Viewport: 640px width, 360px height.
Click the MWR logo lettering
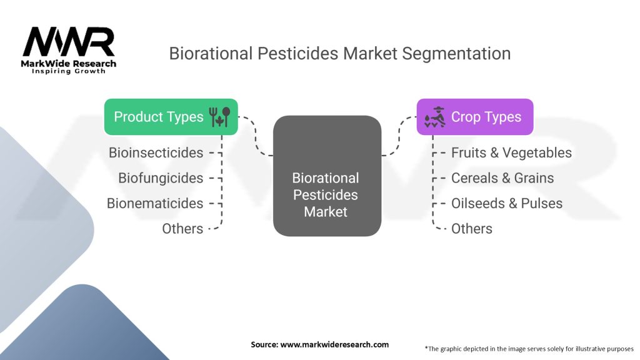(68, 42)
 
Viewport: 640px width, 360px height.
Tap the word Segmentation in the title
(456, 54)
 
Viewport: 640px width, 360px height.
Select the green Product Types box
(171, 117)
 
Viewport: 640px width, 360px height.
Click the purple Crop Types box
(475, 117)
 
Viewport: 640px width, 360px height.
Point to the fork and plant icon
(219, 117)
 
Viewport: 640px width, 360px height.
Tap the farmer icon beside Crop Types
(435, 117)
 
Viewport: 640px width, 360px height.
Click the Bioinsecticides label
(156, 152)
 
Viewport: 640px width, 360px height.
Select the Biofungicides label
(161, 178)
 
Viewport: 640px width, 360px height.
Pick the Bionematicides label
(155, 203)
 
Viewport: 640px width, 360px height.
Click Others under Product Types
(182, 229)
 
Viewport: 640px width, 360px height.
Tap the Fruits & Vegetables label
(511, 152)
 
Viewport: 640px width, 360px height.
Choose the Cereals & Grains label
(502, 178)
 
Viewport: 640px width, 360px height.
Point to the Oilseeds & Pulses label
(506, 203)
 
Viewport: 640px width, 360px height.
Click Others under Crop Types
(471, 229)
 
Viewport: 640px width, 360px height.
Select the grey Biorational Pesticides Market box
(327, 176)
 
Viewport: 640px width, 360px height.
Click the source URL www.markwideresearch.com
(334, 344)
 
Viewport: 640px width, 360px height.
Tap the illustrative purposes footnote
(529, 349)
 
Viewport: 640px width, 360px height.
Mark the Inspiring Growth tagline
(69, 71)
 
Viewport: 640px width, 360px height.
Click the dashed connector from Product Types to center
(256, 136)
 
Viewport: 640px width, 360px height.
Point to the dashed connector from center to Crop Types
(399, 136)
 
